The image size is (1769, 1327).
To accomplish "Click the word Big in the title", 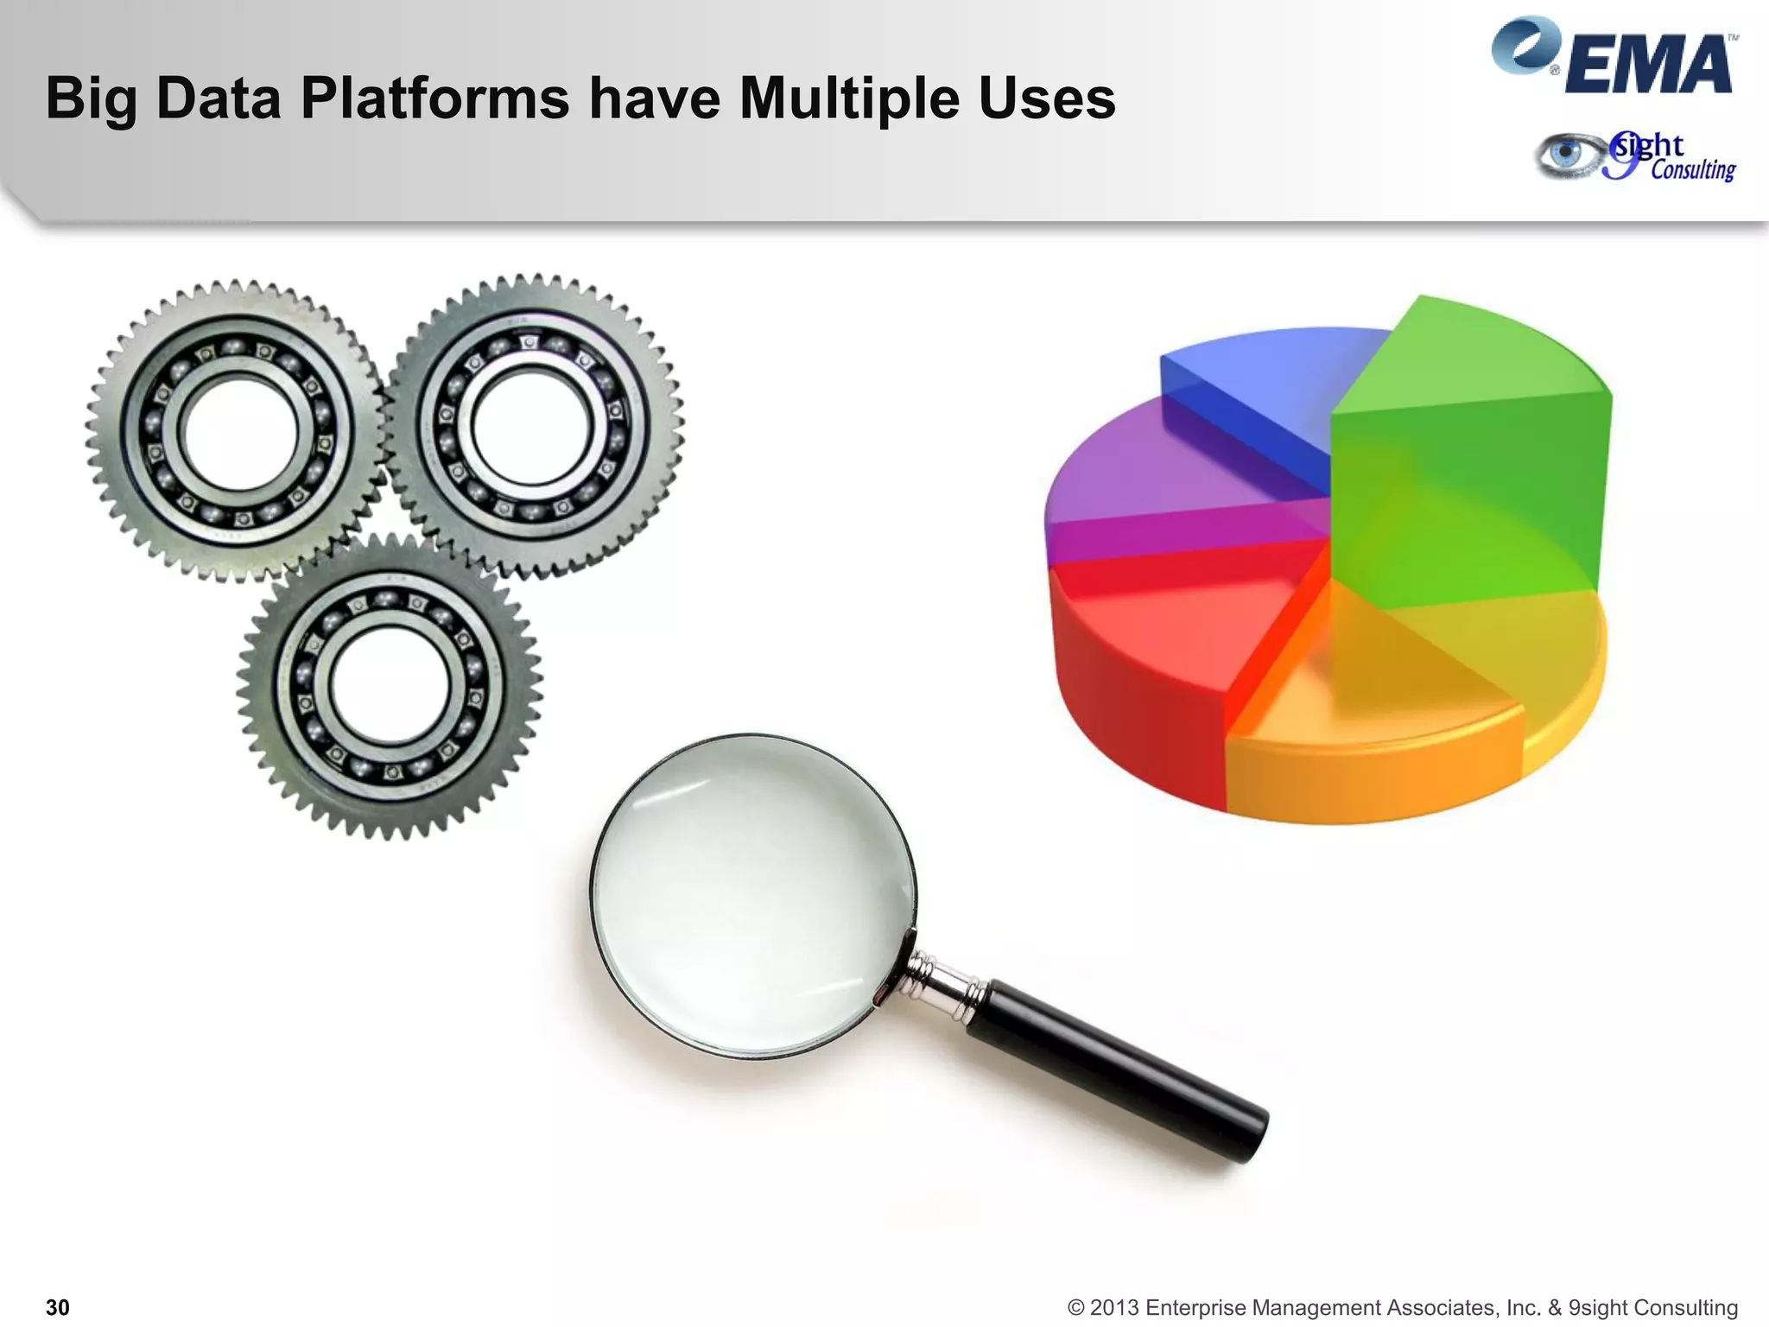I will click(91, 99).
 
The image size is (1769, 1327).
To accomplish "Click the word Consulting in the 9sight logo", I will click(1692, 170).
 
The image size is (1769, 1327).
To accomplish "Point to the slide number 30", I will click(57, 1307).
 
